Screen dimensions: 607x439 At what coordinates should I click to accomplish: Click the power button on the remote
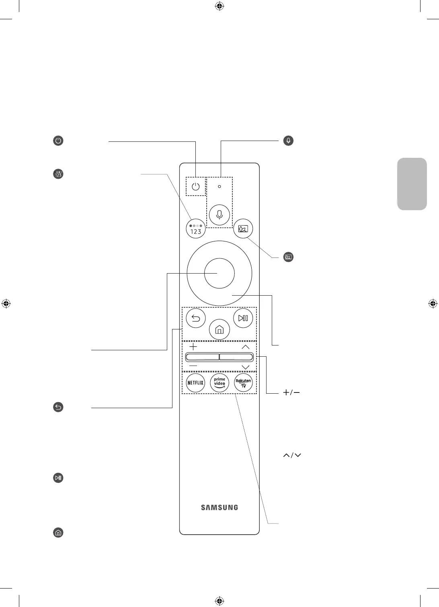tap(196, 187)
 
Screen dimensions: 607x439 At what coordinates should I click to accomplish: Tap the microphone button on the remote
tap(219, 214)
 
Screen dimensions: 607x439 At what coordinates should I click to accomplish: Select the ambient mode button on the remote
tap(243, 229)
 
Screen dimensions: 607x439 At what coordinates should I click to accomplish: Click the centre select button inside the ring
tap(219, 274)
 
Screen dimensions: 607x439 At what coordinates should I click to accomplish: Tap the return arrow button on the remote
tap(196, 319)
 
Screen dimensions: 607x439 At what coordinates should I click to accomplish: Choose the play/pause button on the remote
tap(243, 319)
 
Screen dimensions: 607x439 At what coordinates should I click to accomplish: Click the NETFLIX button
tap(196, 383)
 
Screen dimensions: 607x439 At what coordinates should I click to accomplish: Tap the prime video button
tap(219, 383)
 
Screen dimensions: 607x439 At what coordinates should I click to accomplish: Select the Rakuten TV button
tap(243, 383)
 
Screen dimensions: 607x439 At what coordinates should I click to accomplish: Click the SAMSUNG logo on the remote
tap(219, 507)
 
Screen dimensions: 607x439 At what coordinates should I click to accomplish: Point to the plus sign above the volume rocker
tap(193, 347)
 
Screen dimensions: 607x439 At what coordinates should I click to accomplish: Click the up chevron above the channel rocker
tap(246, 347)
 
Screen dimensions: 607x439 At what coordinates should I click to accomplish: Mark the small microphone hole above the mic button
tap(219, 186)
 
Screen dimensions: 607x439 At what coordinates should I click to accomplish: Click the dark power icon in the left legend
tap(58, 141)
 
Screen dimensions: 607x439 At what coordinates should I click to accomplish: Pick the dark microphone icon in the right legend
tap(288, 141)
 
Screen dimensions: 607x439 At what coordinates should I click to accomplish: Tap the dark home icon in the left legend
tap(58, 533)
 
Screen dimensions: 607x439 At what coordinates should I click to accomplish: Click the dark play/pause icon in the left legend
tap(58, 478)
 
